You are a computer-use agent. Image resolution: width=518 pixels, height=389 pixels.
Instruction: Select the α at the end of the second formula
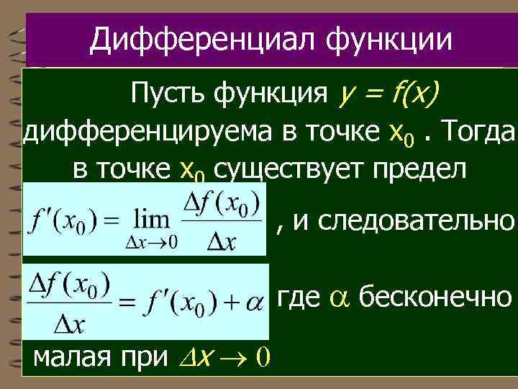253,303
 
